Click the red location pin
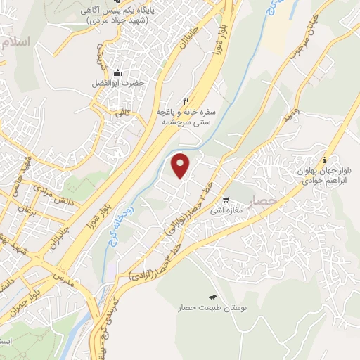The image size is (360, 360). coord(182,165)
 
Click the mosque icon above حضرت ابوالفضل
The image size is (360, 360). coord(118,72)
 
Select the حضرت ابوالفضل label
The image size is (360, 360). coord(119,83)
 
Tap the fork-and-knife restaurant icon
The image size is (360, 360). coord(186,101)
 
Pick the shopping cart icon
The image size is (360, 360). coord(225,199)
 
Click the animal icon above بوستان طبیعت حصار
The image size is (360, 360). coord(213,297)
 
